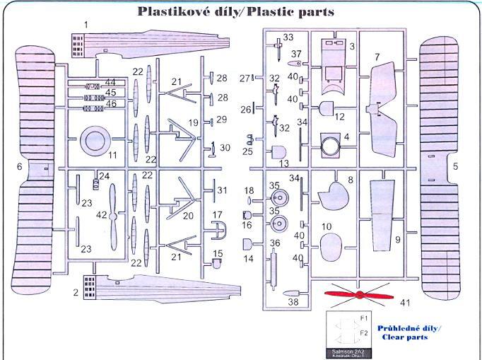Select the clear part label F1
364,318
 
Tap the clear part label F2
364,332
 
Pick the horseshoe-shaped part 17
221,231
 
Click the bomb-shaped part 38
290,291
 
